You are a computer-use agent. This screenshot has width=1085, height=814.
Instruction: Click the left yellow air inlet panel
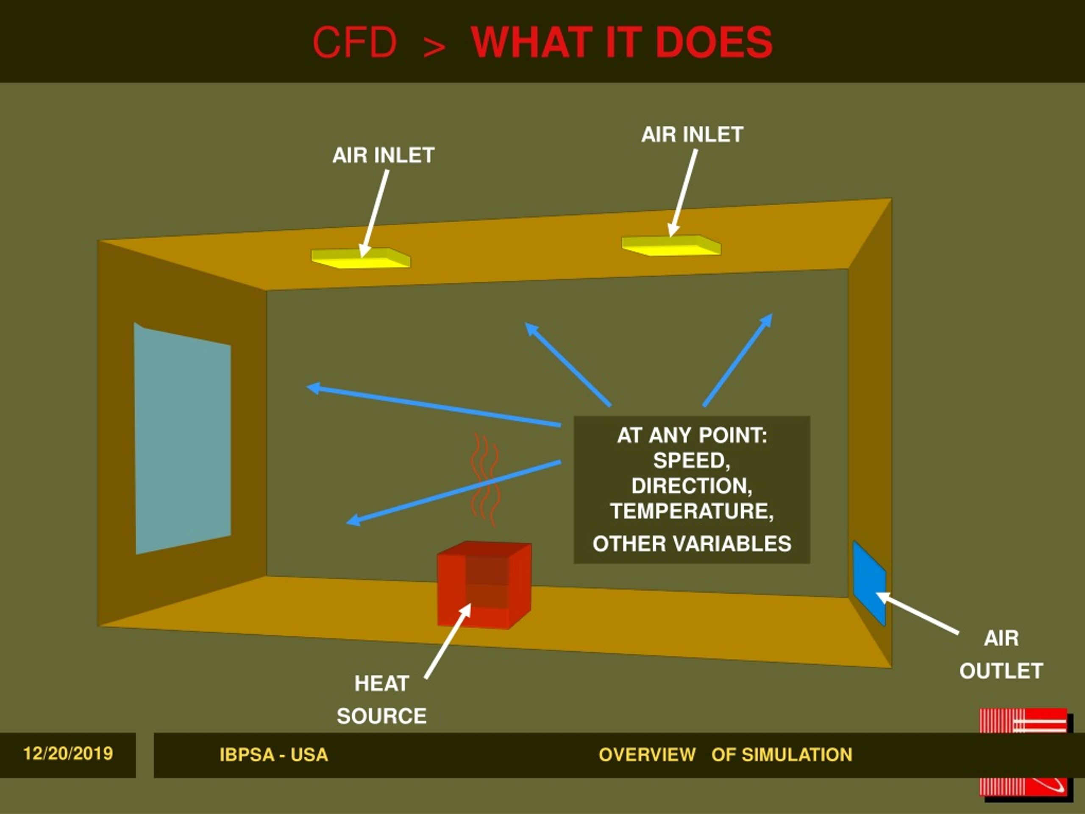361,258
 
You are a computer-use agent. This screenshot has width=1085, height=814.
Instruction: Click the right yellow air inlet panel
671,245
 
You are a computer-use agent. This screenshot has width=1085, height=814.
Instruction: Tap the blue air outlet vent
869,583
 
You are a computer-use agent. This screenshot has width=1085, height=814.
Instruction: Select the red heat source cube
484,585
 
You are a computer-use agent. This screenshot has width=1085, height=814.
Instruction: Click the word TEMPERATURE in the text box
692,511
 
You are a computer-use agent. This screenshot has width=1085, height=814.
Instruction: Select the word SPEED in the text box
692,461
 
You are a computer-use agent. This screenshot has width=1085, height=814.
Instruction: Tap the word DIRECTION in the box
692,486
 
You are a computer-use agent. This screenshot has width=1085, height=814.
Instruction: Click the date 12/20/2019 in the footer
68,753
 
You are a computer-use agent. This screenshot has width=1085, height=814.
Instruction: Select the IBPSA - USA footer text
274,755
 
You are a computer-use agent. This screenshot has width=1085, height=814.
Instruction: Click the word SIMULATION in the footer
796,755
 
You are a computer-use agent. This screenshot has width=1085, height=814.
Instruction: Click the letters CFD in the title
355,42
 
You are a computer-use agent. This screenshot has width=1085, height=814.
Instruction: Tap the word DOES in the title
714,42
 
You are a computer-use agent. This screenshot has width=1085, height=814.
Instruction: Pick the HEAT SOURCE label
381,700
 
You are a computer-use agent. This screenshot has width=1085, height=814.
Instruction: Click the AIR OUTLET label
1001,655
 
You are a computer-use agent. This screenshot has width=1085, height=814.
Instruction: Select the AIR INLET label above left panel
383,156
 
